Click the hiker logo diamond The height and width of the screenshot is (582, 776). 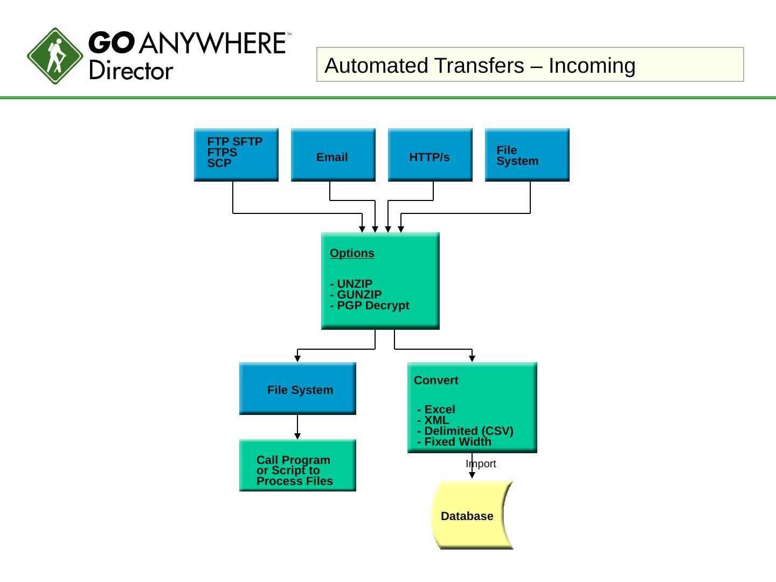click(x=55, y=56)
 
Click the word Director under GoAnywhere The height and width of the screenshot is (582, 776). click(x=131, y=71)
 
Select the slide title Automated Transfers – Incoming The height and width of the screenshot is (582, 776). click(x=480, y=66)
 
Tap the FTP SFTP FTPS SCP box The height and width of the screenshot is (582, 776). click(x=236, y=154)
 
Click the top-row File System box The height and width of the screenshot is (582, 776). click(x=527, y=155)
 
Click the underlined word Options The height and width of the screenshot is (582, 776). click(x=352, y=253)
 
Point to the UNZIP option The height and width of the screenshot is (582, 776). click(x=351, y=284)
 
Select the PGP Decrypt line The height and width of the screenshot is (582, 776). click(x=370, y=306)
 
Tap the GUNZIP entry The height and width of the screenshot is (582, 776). click(x=356, y=295)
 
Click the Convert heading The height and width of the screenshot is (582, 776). click(x=436, y=380)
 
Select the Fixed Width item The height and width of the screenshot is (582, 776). click(x=455, y=442)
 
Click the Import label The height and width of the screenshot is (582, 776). click(x=481, y=464)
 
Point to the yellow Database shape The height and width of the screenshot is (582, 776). click(x=469, y=515)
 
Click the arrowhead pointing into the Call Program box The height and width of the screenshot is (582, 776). click(x=297, y=436)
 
